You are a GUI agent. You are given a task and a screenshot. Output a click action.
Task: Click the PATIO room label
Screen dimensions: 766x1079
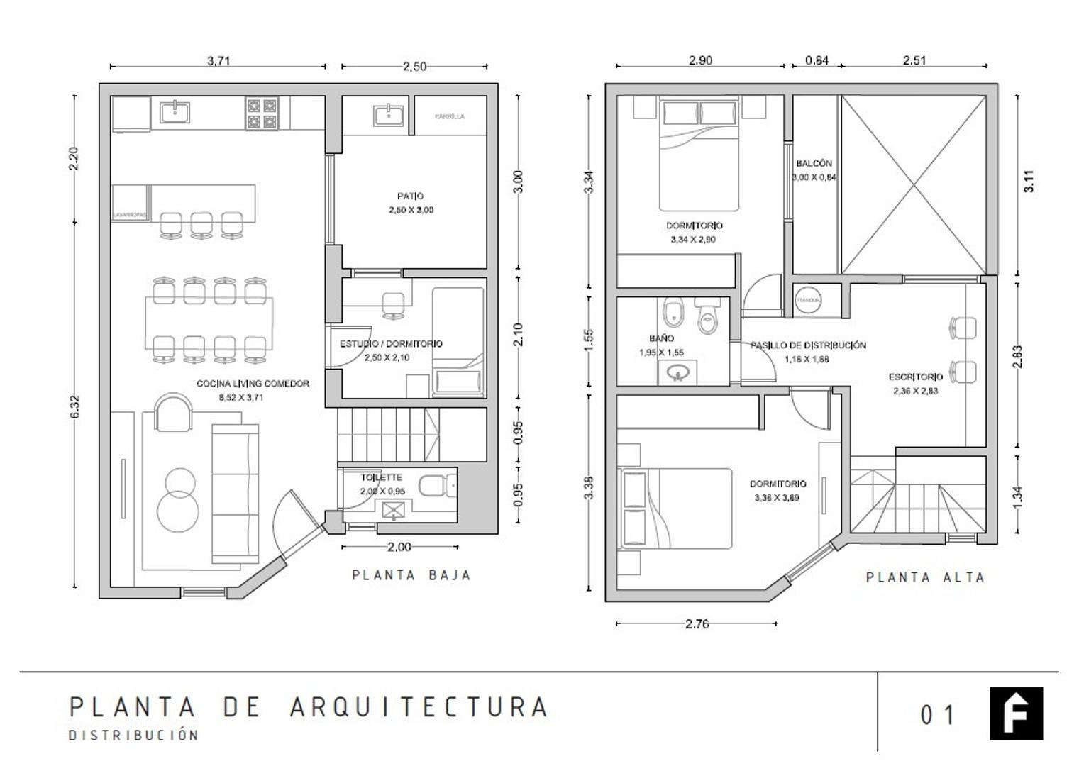click(411, 196)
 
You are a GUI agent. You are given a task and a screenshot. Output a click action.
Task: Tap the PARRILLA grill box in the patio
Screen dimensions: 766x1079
click(450, 116)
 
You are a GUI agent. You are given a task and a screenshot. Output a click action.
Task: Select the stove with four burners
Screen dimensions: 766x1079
click(261, 113)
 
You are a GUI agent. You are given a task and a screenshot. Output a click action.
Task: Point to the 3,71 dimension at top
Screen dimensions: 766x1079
click(218, 61)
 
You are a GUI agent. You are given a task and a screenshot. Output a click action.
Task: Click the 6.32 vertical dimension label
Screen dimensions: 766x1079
click(75, 406)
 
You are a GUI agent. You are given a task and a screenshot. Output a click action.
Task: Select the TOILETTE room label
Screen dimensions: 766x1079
click(381, 477)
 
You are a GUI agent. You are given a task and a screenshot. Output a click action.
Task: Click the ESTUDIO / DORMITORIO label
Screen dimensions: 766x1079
click(391, 344)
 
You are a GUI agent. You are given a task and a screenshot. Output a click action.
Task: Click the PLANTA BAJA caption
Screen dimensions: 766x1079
click(411, 575)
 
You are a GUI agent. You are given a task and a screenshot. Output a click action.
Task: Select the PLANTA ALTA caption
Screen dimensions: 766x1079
click(925, 577)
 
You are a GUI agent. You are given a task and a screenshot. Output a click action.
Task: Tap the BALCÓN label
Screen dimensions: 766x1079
click(814, 164)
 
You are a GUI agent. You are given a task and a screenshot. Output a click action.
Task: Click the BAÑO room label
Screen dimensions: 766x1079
click(661, 339)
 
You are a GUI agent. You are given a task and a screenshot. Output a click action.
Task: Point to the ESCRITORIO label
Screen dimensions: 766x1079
click(915, 377)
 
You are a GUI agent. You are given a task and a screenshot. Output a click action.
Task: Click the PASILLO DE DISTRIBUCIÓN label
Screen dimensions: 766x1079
click(808, 345)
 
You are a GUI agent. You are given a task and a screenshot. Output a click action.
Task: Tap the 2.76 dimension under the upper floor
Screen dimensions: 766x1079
click(697, 624)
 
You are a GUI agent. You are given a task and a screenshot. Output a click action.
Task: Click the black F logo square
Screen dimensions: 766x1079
click(1016, 713)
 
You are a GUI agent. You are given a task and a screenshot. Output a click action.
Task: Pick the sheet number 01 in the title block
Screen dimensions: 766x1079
click(937, 715)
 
